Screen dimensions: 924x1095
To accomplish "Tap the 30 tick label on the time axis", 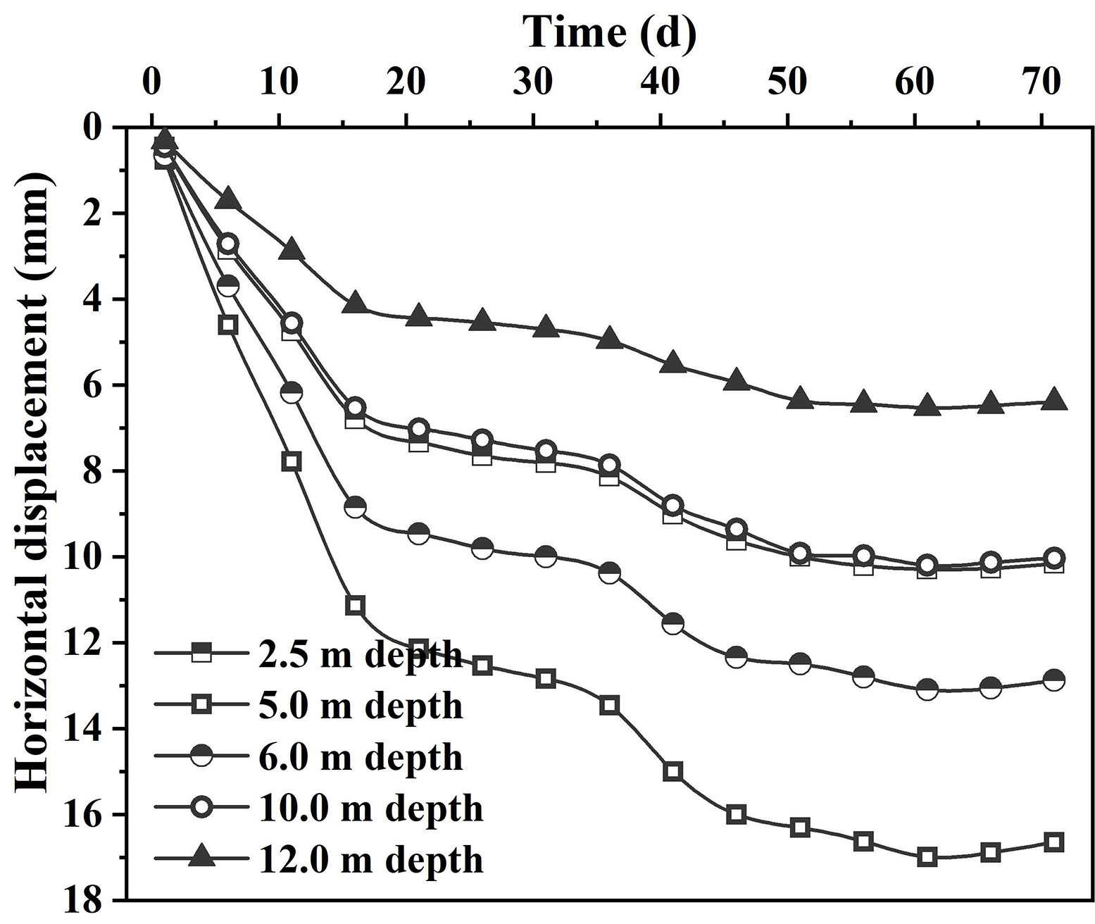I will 533,83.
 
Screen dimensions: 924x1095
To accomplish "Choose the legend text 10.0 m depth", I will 371,808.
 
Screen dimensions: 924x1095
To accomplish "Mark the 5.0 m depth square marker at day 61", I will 927,857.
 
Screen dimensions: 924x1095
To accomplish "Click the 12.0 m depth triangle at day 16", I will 356,303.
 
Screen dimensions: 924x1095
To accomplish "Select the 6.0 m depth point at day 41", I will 672,623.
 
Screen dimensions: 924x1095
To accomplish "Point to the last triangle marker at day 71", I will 1054,399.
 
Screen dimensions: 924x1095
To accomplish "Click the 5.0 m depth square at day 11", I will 292,461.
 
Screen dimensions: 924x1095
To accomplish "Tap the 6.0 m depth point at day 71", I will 1054,680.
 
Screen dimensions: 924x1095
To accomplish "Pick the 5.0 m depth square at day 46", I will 737,814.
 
